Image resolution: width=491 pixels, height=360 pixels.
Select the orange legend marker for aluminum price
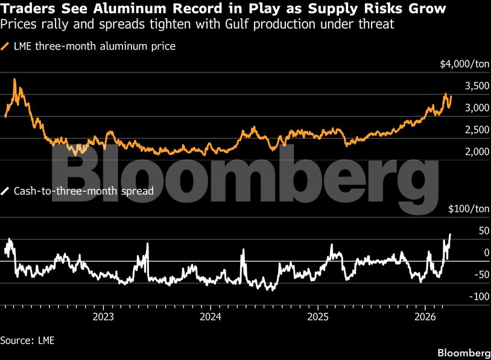[x=6, y=46]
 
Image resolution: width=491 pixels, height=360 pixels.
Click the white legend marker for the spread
[x=6, y=191]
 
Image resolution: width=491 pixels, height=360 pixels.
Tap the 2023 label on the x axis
[x=104, y=316]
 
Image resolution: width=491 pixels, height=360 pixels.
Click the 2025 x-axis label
[x=318, y=316]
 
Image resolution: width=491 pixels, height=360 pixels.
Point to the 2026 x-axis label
[x=426, y=316]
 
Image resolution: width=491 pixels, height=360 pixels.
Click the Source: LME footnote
[x=27, y=340]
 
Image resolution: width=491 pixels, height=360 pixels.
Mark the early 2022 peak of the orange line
[x=14, y=80]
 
